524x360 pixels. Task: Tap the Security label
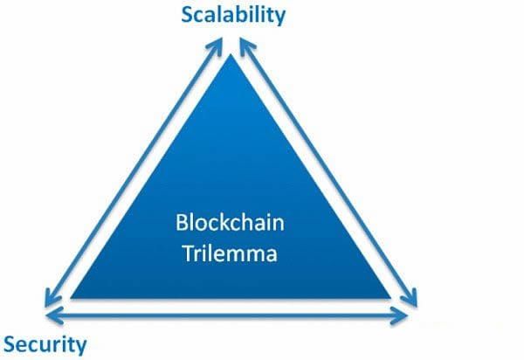[x=45, y=343]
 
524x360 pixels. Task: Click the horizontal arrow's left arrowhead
[x=52, y=314]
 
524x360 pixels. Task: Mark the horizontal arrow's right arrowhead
[x=411, y=314]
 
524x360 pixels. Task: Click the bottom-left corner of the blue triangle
[x=71, y=298]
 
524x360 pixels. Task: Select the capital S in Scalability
[x=186, y=14]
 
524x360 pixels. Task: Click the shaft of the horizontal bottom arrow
[x=231, y=314]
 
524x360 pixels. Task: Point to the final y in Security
[x=81, y=346]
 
